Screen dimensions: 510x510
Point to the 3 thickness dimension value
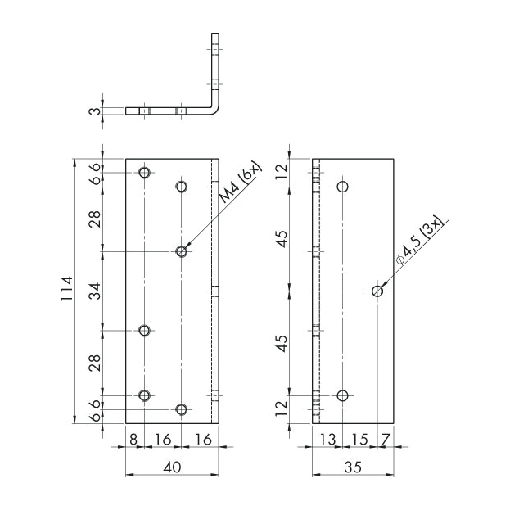95,111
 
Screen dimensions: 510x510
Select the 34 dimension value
95,291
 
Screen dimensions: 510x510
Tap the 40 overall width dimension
172,467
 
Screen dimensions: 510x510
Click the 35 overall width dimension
353,467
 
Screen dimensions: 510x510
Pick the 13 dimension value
327,440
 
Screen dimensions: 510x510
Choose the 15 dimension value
359,440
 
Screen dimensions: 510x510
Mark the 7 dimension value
386,440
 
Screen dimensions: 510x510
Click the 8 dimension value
133,440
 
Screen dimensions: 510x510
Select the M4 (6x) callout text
241,182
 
